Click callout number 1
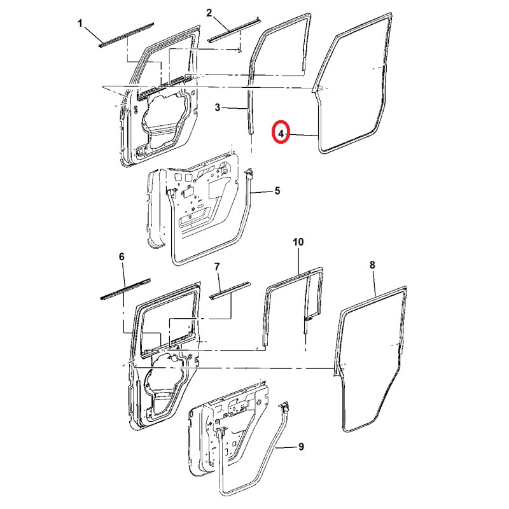coord(80,24)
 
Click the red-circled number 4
coord(281,133)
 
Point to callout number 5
coord(277,191)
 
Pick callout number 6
coord(122,256)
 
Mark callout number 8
coord(372,264)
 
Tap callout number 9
coord(300,447)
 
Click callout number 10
coord(298,242)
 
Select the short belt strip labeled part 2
coord(234,29)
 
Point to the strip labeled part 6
coord(125,288)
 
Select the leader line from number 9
coord(286,447)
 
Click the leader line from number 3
coord(235,109)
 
